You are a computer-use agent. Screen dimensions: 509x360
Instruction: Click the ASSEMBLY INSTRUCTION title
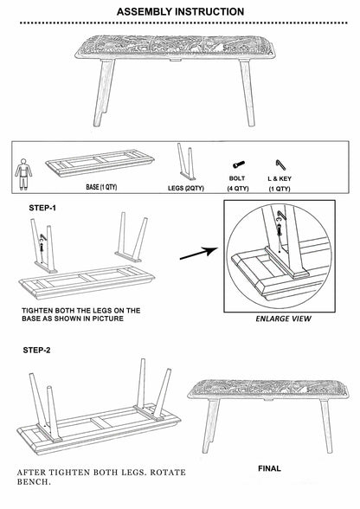179,11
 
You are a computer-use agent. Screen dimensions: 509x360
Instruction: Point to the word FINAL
269,468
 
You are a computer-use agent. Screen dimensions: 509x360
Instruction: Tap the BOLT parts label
237,177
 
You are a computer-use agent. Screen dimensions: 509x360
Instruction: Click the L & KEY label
280,177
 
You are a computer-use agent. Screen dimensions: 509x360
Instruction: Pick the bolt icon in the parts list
237,163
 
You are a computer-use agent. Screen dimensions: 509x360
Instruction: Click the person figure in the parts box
22,171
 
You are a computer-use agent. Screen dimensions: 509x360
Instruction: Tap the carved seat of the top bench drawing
180,44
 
